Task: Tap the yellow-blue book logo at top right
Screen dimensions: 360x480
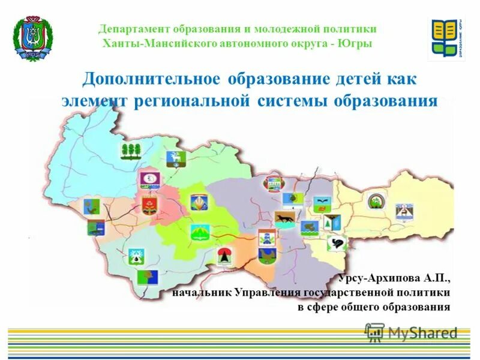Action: pos(446,39)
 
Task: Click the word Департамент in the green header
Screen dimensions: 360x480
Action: pos(134,29)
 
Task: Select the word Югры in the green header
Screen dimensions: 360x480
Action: pos(358,43)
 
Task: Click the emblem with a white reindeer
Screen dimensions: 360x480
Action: pos(176,158)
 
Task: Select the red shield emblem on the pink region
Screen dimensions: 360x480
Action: pos(149,205)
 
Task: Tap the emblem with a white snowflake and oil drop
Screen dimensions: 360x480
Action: pos(137,256)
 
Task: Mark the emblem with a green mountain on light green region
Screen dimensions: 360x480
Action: pos(199,233)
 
